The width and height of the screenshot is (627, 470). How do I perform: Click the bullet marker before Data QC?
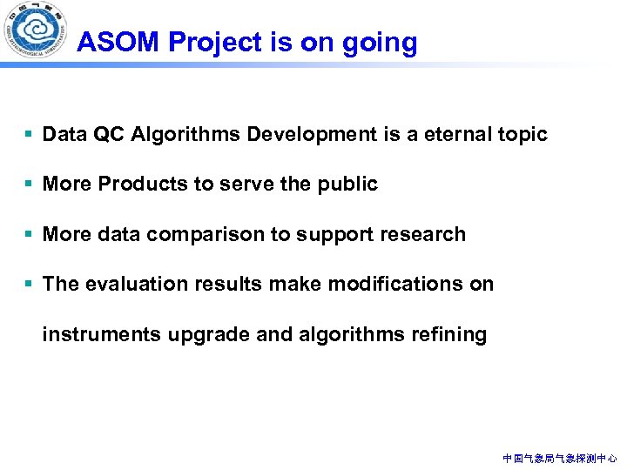(x=30, y=134)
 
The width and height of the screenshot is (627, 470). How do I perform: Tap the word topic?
(x=522, y=135)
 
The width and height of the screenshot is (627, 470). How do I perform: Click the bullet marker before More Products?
(x=30, y=185)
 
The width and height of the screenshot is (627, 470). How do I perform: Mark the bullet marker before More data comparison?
(x=30, y=234)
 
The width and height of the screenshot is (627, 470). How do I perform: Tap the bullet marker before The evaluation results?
(x=30, y=285)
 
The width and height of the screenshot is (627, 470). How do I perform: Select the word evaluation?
(x=127, y=285)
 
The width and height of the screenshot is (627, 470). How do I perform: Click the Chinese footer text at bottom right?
(x=560, y=458)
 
